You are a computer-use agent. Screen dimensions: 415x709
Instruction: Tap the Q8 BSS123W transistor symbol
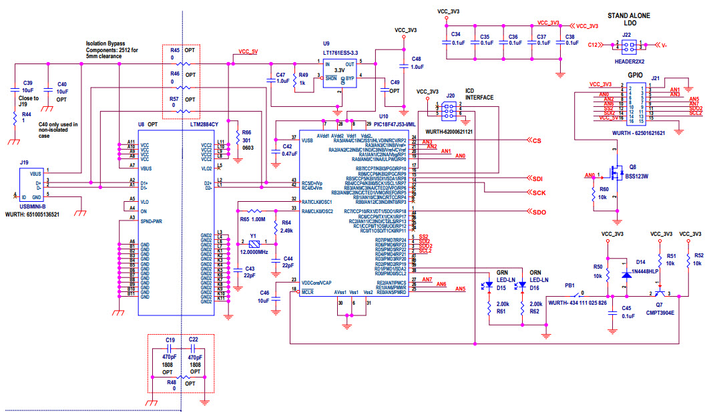tap(615, 176)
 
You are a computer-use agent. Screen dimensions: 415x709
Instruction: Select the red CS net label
tap(536, 140)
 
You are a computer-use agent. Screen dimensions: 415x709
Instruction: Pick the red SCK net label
tap(539, 192)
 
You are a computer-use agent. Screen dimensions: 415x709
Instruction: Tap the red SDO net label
tap(539, 212)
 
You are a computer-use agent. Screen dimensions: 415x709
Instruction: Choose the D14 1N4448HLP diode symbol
tap(626, 275)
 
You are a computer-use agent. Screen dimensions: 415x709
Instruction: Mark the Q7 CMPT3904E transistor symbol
tap(660, 293)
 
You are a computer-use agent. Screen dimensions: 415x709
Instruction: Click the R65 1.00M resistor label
tap(252, 219)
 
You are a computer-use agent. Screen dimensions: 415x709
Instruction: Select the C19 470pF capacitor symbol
tap(170, 348)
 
